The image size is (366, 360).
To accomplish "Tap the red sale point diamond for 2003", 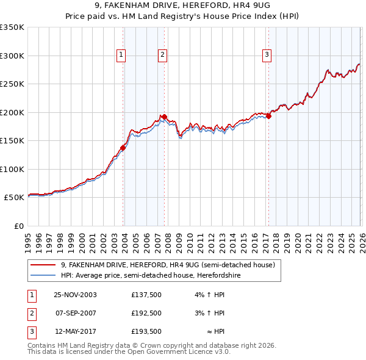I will (123, 147).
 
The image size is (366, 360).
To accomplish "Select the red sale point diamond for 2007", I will (164, 117).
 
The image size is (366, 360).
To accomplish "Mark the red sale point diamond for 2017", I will (268, 116).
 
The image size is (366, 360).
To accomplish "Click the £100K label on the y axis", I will (12, 169).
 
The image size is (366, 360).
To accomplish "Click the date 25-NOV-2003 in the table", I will (75, 294).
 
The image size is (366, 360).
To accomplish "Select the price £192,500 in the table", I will (146, 313).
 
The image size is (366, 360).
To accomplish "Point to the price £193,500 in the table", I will (146, 332).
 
